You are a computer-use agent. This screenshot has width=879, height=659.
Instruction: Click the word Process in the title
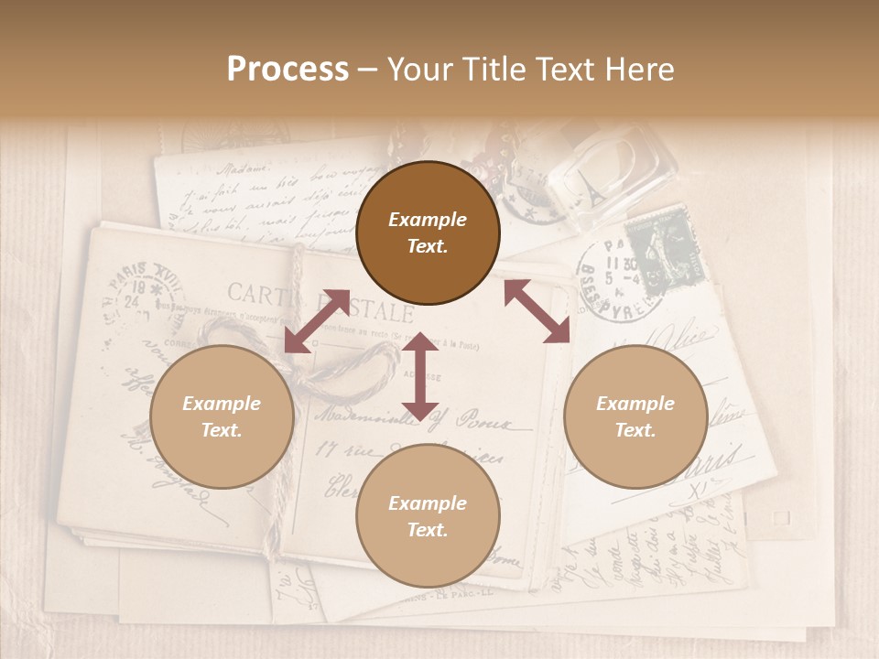[x=288, y=69]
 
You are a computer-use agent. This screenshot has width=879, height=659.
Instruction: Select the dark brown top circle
[x=428, y=232]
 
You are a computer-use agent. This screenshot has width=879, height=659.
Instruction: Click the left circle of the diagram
[x=222, y=416]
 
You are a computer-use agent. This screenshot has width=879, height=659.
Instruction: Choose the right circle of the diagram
[x=635, y=416]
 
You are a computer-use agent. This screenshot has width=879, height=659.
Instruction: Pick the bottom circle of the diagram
[x=428, y=516]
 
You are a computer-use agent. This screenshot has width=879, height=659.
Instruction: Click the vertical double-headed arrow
[x=420, y=376]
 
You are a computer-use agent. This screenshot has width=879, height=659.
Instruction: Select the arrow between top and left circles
[x=317, y=320]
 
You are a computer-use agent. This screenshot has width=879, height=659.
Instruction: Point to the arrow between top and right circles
[x=537, y=311]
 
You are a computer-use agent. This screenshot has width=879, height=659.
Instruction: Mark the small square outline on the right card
[x=780, y=518]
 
